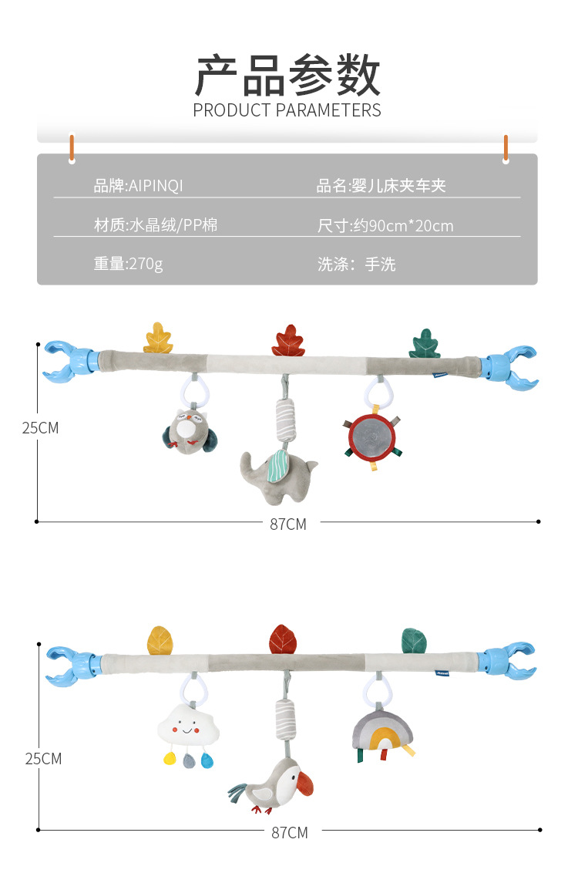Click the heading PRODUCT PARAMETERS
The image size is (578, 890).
click(287, 110)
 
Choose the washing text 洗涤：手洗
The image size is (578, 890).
click(356, 265)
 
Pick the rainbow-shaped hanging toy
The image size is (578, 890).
click(382, 732)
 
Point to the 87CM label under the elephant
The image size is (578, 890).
click(288, 524)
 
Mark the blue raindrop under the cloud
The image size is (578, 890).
click(207, 761)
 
